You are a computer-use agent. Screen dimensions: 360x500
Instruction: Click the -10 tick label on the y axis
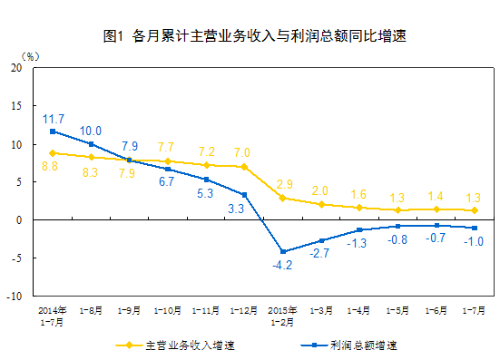[16, 296]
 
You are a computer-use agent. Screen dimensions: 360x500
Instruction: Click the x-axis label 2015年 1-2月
[283, 314]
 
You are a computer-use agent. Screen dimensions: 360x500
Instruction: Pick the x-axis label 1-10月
[168, 309]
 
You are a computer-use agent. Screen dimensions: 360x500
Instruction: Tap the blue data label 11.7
[53, 119]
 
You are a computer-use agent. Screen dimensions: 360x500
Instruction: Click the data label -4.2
[284, 266]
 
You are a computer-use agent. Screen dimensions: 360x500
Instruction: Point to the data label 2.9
[284, 184]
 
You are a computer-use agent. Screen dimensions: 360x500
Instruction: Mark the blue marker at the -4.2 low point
[283, 251]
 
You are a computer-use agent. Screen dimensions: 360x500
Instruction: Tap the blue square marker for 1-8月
[92, 143]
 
